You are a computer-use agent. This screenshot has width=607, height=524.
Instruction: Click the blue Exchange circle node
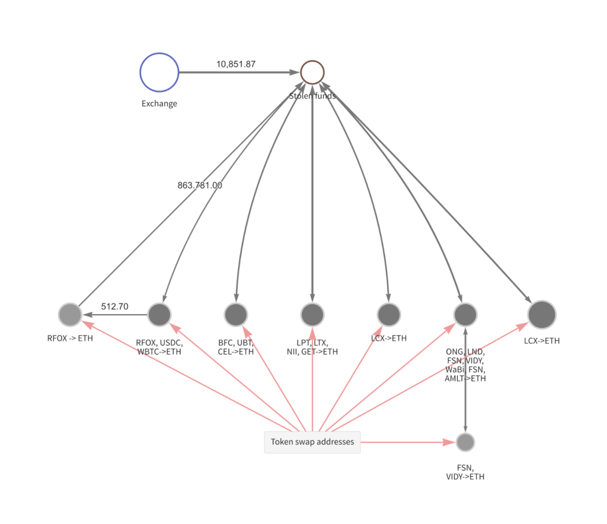tap(159, 72)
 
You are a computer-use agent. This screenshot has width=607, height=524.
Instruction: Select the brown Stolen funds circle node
tap(312, 72)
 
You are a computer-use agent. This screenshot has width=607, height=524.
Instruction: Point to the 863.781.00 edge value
tap(200, 185)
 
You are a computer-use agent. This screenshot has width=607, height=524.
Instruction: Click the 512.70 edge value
tap(114, 306)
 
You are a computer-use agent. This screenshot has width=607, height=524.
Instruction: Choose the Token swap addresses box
tap(312, 442)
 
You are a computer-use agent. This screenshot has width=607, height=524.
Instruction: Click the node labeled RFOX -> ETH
tap(70, 314)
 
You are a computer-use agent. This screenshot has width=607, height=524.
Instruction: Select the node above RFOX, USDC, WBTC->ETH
tap(159, 314)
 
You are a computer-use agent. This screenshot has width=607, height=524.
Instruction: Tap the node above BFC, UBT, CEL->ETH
tap(236, 314)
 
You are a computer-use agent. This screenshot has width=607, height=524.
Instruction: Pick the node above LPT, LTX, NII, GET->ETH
tap(312, 314)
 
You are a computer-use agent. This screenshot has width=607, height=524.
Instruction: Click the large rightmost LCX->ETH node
tap(541, 314)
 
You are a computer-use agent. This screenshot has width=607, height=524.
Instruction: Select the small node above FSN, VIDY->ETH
tap(465, 442)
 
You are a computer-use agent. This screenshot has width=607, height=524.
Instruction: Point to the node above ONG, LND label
tap(465, 314)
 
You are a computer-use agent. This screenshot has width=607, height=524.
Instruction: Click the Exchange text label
tap(159, 104)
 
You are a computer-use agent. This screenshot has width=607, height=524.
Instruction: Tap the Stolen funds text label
tap(312, 95)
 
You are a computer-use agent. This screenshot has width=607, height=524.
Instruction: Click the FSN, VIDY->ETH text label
tap(465, 471)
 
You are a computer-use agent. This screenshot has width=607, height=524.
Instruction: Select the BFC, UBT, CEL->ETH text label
tap(236, 347)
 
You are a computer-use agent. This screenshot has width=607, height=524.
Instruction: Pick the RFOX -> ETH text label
tap(70, 339)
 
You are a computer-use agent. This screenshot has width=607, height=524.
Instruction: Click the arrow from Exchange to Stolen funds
tap(237, 72)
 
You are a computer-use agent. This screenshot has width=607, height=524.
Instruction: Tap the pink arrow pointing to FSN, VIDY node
tap(409, 442)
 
